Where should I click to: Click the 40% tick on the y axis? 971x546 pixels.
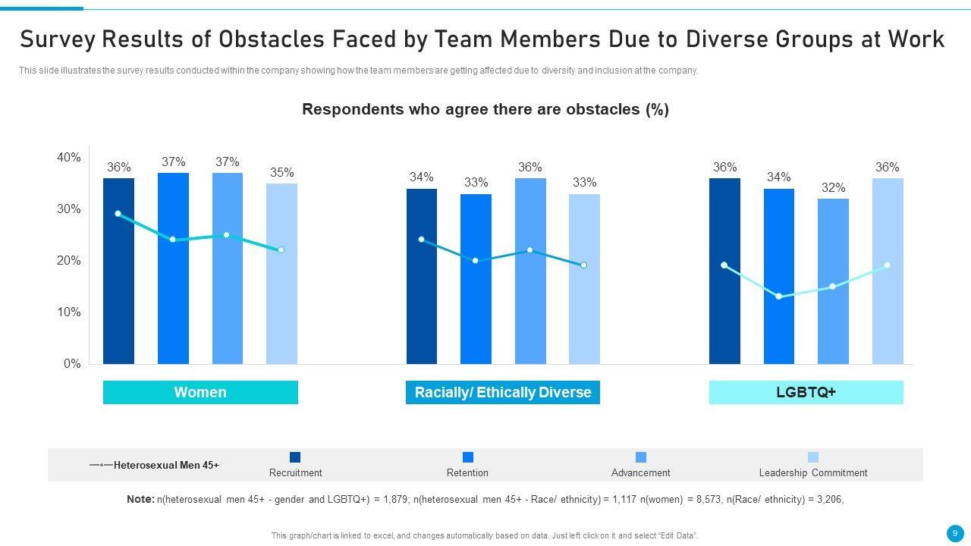[x=68, y=158]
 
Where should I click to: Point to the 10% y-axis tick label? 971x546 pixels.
[x=68, y=312]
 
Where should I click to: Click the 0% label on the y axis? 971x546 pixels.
[x=71, y=364]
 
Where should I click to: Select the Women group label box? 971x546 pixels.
[x=200, y=392]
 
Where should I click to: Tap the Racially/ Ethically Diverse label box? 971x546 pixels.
[x=503, y=392]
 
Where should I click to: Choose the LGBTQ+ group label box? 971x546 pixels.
[x=806, y=392]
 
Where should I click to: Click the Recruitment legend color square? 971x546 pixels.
[x=295, y=457]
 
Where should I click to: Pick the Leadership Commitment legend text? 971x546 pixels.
[x=812, y=473]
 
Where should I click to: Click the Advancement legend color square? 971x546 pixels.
[x=641, y=457]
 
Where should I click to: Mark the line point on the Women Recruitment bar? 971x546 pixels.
[x=118, y=214]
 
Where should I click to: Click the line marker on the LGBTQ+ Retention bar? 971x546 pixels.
[x=779, y=297]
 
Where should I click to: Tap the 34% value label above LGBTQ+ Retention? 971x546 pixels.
[x=778, y=177]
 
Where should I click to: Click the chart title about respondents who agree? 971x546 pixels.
[x=485, y=109]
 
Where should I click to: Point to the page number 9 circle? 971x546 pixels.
[x=955, y=533]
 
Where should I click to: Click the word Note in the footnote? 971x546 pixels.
[x=140, y=499]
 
